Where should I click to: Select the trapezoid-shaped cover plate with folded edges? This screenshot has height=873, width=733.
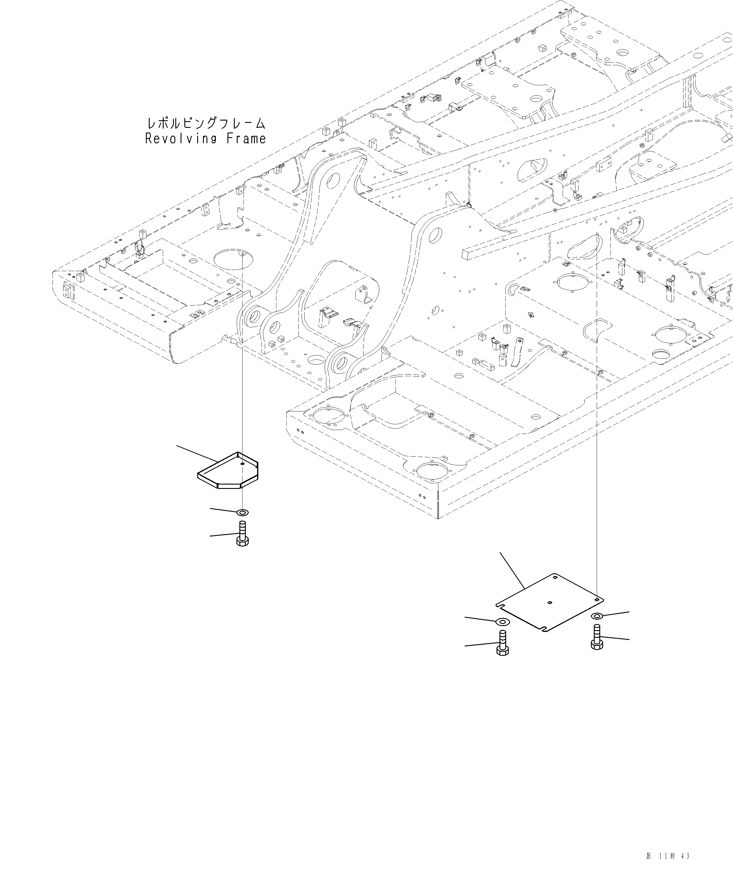[x=228, y=471]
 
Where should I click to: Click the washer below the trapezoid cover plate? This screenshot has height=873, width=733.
[x=242, y=512]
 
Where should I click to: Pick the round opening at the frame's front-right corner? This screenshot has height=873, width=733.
[x=432, y=471]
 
